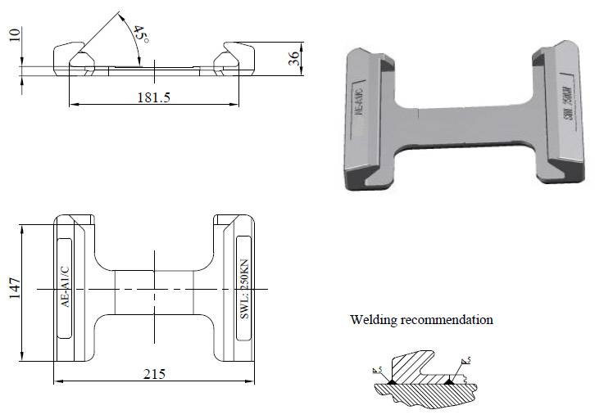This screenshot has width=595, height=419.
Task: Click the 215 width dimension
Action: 154,374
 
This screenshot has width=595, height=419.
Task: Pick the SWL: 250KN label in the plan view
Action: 242,288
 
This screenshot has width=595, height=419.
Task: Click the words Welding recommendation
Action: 421,320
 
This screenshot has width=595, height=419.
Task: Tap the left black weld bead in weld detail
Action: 393,381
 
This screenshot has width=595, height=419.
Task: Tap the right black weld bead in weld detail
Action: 450,381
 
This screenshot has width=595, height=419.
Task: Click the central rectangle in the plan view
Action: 154,290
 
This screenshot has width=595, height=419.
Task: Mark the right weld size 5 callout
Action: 465,361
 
